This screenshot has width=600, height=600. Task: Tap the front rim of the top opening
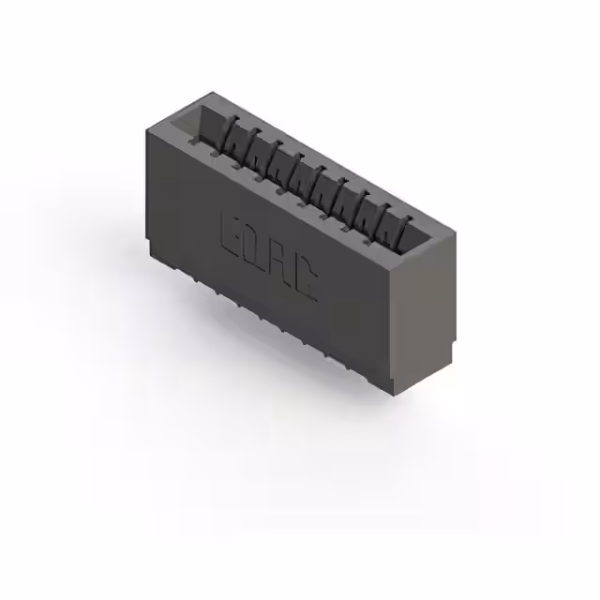tap(281, 202)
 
